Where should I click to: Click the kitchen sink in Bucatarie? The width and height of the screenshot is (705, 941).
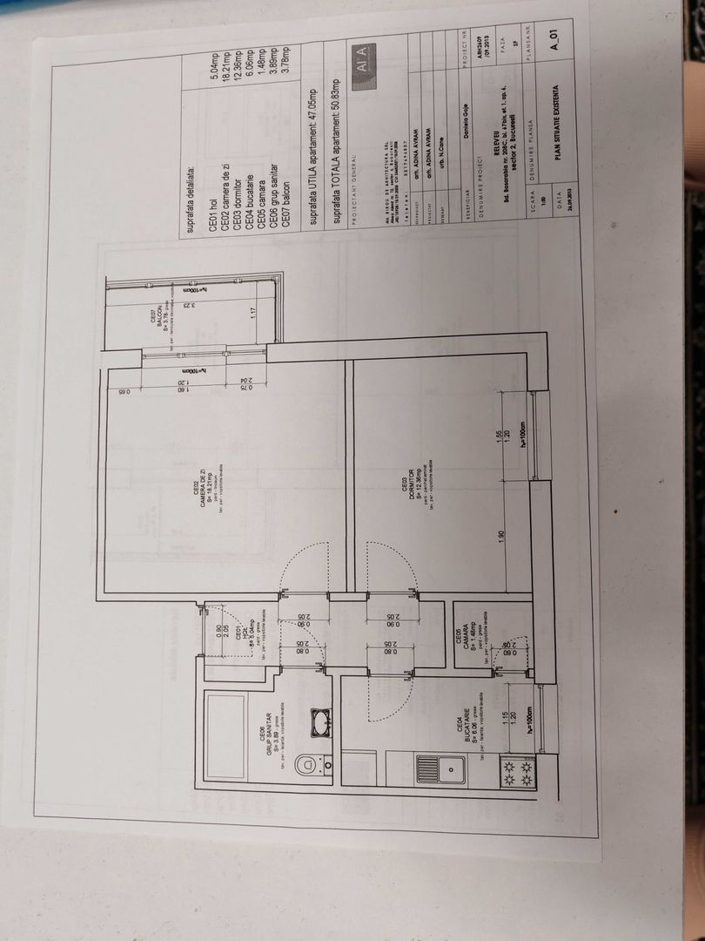[x=450, y=768]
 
